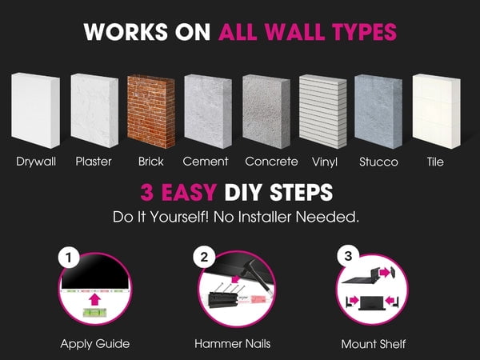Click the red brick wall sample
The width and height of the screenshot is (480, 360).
pyautogui.click(x=151, y=111)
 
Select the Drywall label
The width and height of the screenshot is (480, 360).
pyautogui.click(x=36, y=162)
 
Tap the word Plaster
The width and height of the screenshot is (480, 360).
pyautogui.click(x=94, y=162)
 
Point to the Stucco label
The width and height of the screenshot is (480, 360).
pyautogui.click(x=378, y=162)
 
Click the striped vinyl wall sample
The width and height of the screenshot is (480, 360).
pyautogui.click(x=323, y=111)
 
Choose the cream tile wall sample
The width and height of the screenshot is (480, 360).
pyautogui.click(x=436, y=111)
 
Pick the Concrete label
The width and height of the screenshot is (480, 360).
pyautogui.click(x=271, y=162)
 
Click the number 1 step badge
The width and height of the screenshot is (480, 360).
pyautogui.click(x=69, y=258)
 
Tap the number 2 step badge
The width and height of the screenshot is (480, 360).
pyautogui.click(x=204, y=257)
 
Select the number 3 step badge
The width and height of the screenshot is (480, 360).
pyautogui.click(x=348, y=256)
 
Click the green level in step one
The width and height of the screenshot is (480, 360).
pyautogui.click(x=94, y=313)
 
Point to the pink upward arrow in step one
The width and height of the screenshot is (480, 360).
pyautogui.click(x=95, y=299)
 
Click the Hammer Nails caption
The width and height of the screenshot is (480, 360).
pyautogui.click(x=233, y=343)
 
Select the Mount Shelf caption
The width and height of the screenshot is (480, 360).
pyautogui.click(x=374, y=344)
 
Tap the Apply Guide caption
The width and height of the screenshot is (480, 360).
pyautogui.click(x=95, y=344)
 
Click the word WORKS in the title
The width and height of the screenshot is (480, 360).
pyautogui.click(x=126, y=31)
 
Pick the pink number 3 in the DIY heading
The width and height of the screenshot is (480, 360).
pyautogui.click(x=147, y=192)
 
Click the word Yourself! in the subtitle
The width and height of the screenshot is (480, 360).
pyautogui.click(x=179, y=217)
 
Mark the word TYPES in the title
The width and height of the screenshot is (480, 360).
pyautogui.click(x=364, y=31)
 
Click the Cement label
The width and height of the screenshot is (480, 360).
pyautogui.click(x=206, y=162)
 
